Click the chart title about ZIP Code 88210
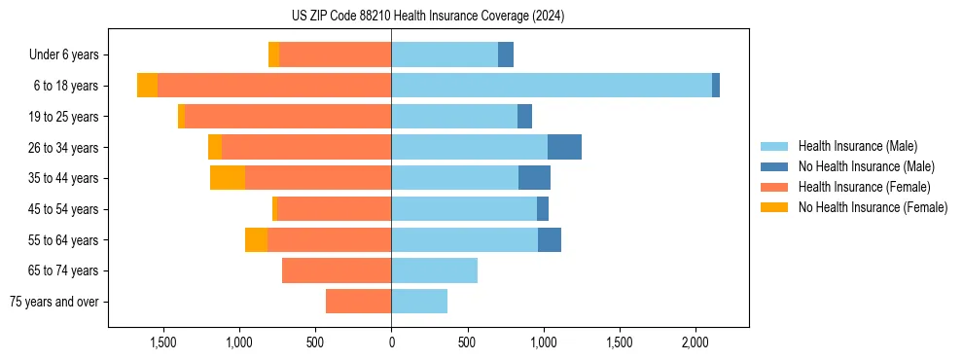427,17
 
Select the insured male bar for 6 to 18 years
552,86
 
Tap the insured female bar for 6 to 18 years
274,86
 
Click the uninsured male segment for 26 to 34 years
564,147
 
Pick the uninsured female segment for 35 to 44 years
228,178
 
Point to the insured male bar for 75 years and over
419,302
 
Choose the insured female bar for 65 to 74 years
337,270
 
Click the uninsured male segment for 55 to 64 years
550,239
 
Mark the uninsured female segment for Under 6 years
273,54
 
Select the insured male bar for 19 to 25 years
454,117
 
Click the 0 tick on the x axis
391,342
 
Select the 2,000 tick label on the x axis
695,342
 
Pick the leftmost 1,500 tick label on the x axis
162,342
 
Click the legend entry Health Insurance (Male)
857,146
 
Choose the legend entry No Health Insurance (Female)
873,207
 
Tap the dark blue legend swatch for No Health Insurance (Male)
774,166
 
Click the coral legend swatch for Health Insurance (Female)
774,187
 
